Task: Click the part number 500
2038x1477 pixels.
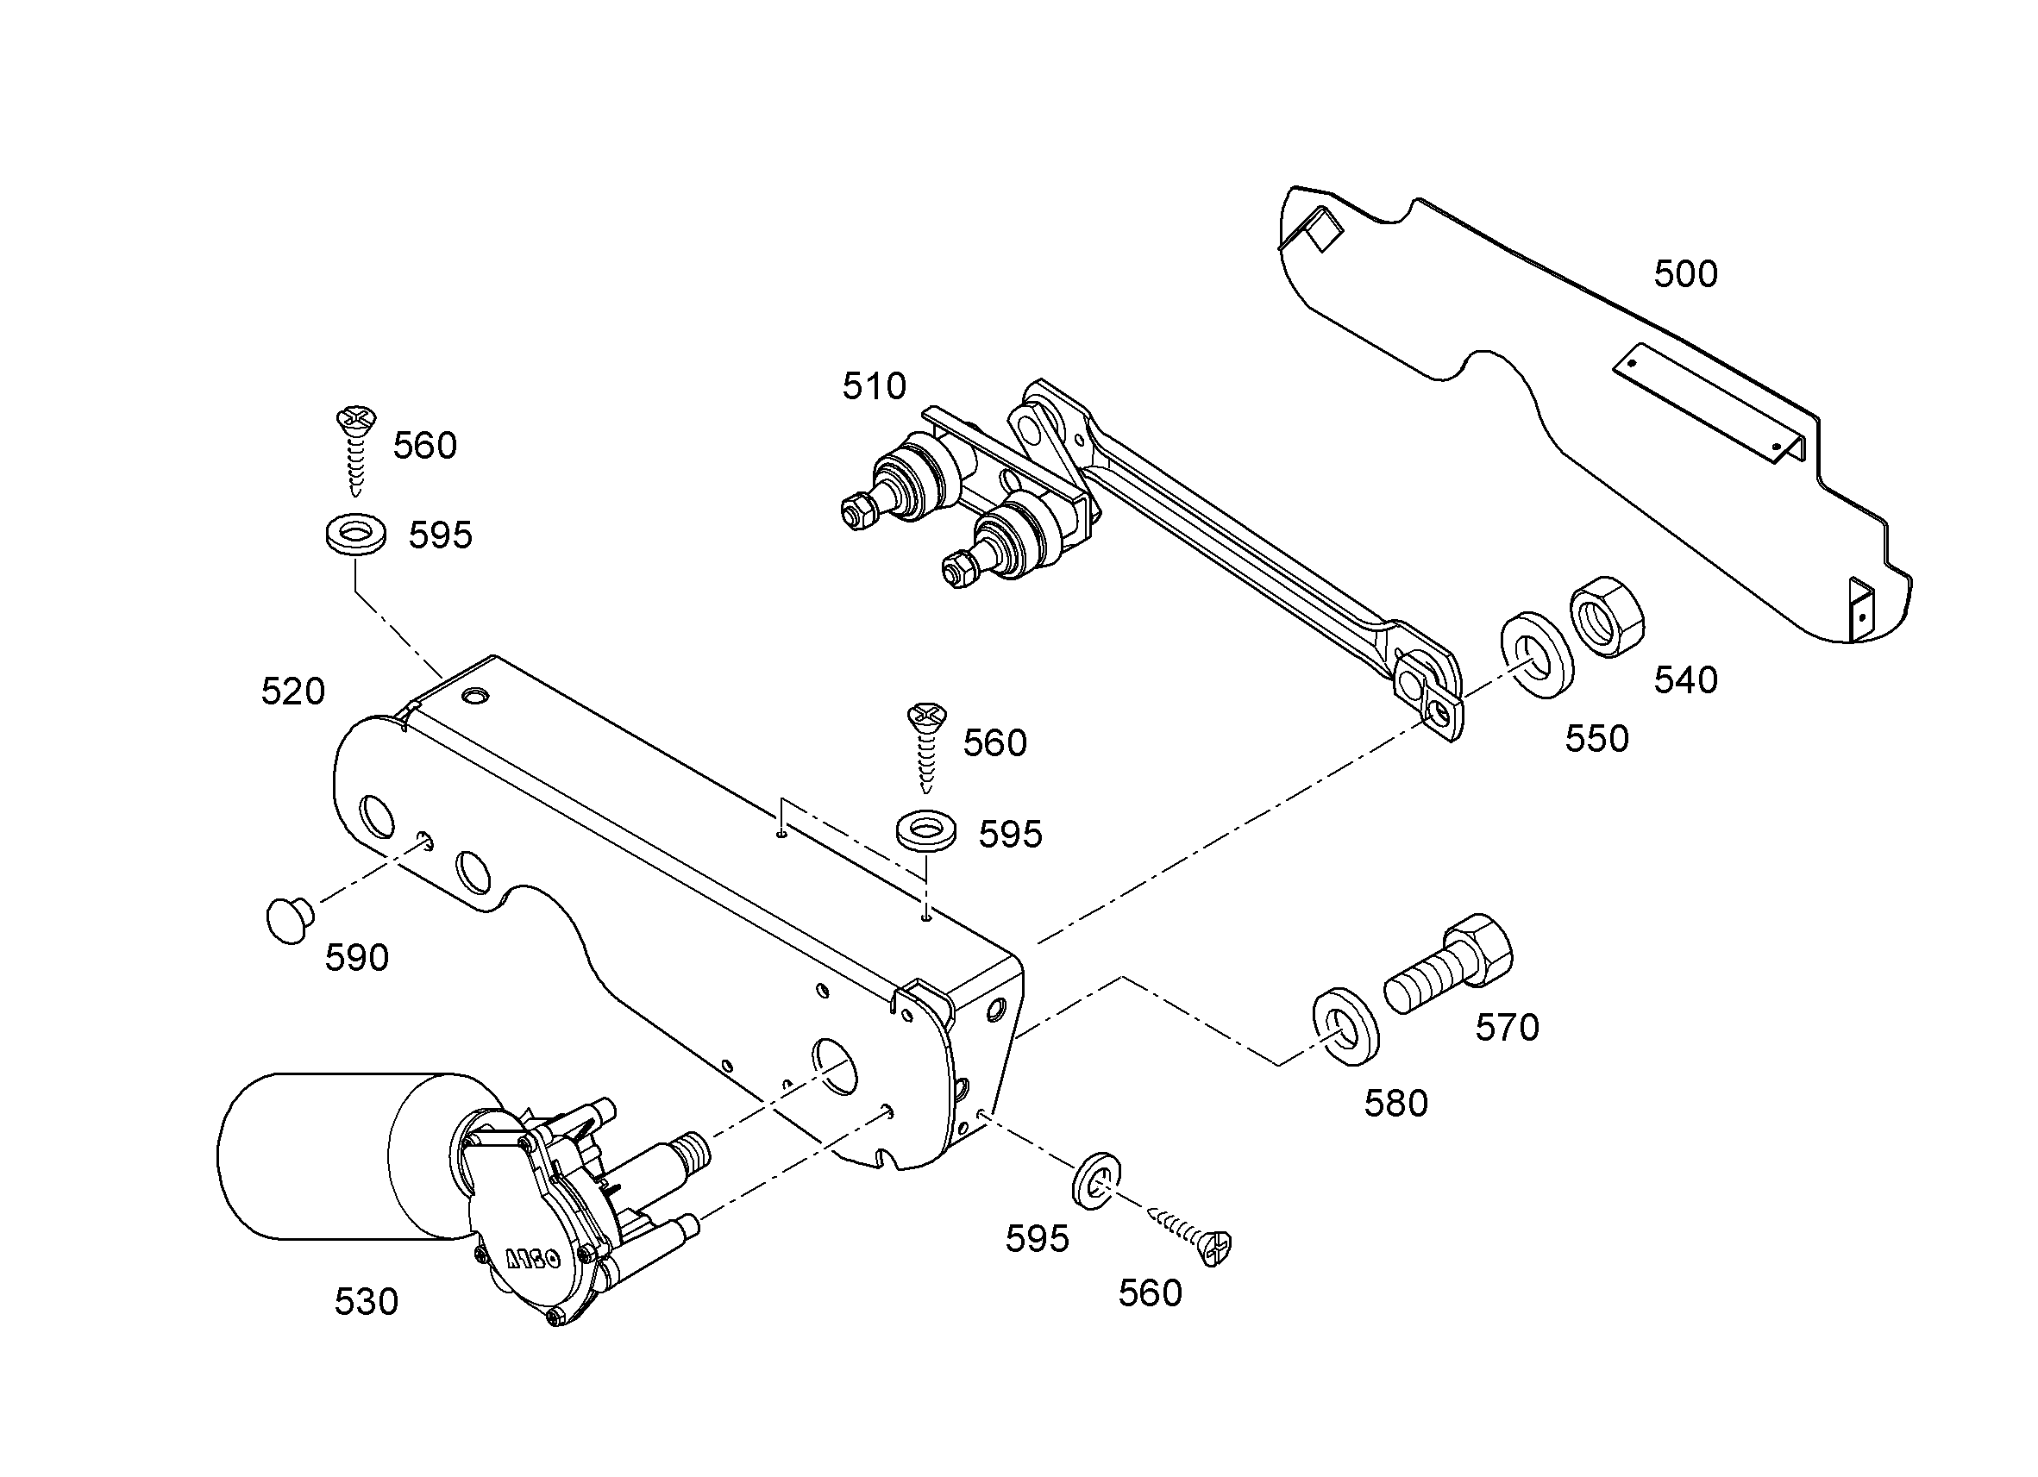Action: point(1686,274)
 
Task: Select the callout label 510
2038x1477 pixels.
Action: point(875,386)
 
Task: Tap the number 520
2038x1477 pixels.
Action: point(293,692)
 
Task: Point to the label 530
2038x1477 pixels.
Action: point(367,1302)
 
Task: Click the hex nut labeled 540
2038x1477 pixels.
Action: point(1607,616)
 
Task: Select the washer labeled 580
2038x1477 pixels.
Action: point(1347,1026)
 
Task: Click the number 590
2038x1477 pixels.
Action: point(357,958)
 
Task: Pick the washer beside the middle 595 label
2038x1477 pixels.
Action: point(926,831)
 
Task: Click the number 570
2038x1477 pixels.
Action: point(1507,1028)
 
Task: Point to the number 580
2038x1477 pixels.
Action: point(1396,1104)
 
